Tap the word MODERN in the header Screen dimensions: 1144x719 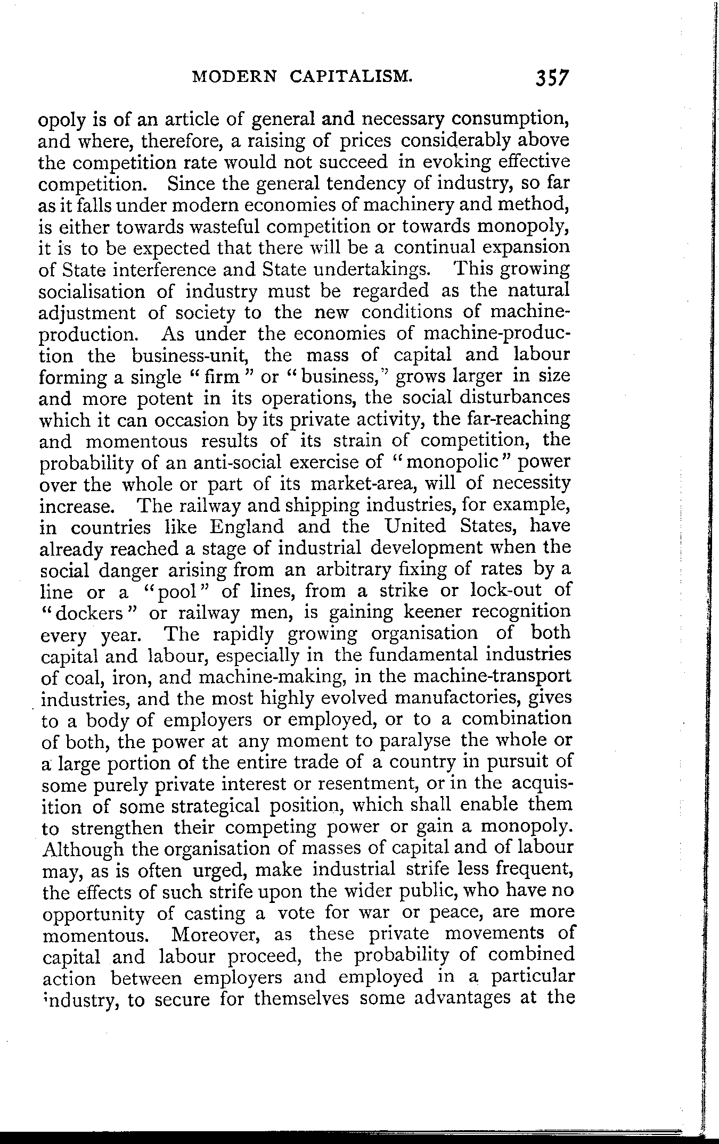tap(234, 77)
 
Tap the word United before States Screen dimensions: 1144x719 tap(416, 527)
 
